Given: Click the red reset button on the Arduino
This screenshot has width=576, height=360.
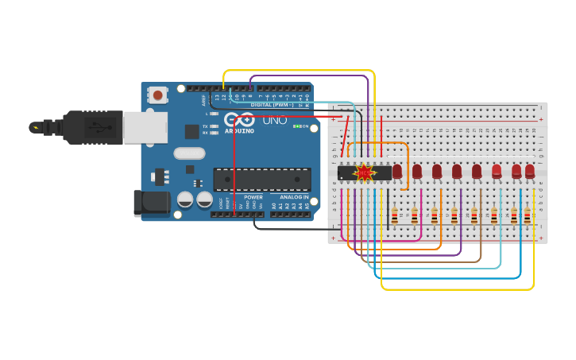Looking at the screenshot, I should (x=158, y=95).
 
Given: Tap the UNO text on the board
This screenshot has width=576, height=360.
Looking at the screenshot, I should (x=275, y=120).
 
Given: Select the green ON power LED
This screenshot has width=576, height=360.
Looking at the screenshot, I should (x=296, y=126).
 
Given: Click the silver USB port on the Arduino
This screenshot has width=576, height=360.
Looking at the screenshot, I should (x=145, y=127).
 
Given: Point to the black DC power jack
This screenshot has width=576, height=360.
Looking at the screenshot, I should (x=152, y=203).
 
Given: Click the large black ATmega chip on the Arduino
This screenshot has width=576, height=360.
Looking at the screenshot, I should (x=261, y=179).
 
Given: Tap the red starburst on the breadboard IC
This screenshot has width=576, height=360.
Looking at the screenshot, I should (x=364, y=172).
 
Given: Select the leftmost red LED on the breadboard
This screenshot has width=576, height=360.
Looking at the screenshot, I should (x=397, y=171).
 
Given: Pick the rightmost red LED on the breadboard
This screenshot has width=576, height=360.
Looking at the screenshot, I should (x=530, y=171).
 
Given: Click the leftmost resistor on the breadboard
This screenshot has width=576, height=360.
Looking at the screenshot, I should (x=395, y=215).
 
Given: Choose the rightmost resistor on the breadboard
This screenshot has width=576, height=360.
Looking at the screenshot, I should (x=527, y=215).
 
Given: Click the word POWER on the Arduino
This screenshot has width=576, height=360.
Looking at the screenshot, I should (x=253, y=197).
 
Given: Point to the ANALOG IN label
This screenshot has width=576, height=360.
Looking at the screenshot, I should (x=294, y=197).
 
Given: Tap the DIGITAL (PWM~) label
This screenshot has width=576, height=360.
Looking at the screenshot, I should (x=272, y=104).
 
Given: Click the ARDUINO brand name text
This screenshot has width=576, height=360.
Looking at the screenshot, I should (x=239, y=131).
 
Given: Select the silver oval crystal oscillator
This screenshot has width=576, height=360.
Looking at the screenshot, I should (x=189, y=153).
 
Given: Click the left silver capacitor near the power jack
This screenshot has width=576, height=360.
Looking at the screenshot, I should (x=185, y=199).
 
